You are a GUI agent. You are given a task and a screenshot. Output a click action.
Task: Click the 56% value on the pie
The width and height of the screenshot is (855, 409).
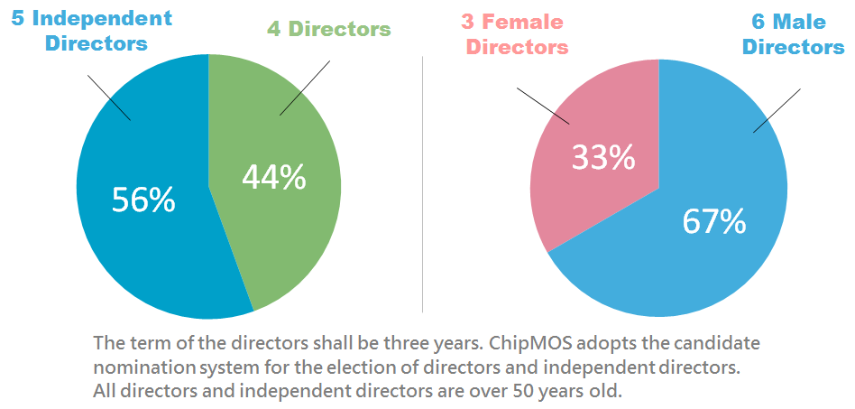click(x=144, y=200)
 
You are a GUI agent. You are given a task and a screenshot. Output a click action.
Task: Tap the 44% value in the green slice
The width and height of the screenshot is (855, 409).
click(x=274, y=178)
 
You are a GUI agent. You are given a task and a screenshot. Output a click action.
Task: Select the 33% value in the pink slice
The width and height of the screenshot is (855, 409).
click(x=603, y=157)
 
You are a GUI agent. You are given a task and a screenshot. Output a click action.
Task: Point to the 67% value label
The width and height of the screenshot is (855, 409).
click(x=714, y=221)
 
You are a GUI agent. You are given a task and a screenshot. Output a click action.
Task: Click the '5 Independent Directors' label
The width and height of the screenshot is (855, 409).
click(x=92, y=30)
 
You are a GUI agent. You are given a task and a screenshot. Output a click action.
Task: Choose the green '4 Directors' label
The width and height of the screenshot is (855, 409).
click(x=329, y=29)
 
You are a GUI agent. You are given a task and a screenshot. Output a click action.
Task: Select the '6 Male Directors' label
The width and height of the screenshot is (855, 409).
click(x=794, y=33)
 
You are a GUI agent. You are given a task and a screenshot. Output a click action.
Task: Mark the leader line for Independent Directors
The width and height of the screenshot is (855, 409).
click(x=109, y=98)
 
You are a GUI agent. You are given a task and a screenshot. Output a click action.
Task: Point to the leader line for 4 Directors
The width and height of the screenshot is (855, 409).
click(x=305, y=88)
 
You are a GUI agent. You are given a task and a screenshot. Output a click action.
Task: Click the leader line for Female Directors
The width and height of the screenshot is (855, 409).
click(x=543, y=106)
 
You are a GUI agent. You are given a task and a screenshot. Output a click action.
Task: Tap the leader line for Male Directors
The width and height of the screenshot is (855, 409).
click(x=777, y=110)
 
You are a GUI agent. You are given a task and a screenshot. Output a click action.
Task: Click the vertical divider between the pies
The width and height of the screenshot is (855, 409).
click(x=423, y=184)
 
